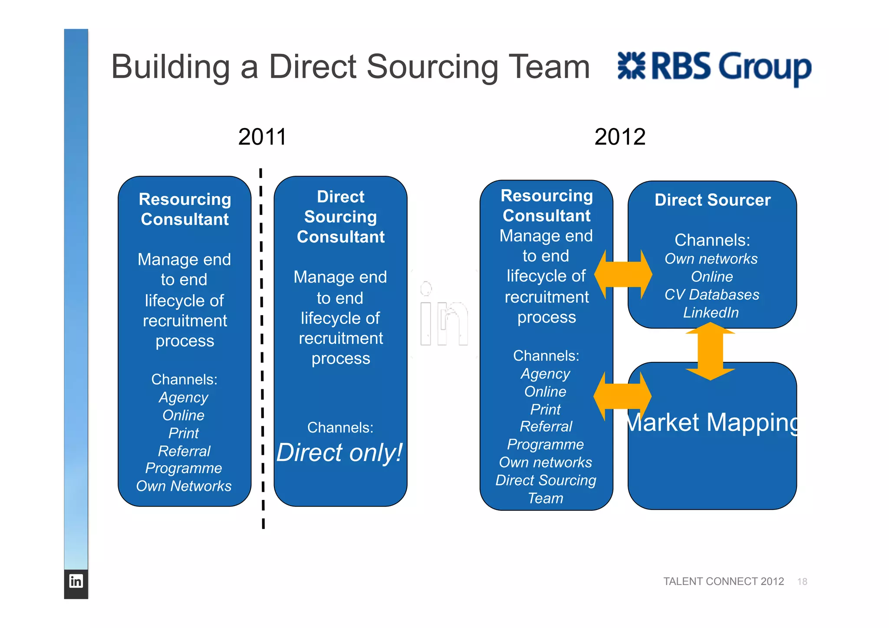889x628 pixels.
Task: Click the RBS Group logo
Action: coord(714,67)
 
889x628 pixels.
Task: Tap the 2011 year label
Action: coord(262,137)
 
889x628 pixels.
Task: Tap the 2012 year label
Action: coord(619,137)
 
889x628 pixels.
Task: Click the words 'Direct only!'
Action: coord(339,453)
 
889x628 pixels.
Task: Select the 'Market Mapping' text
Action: coord(712,422)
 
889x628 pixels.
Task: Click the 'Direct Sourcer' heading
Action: coord(712,200)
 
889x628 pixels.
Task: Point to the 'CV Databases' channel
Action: coord(712,295)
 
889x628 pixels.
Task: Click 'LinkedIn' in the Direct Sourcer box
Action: coord(711,312)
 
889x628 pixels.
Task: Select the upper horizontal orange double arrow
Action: coord(623,275)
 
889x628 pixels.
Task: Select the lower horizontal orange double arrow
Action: coord(622,396)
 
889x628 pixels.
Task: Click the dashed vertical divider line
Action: coord(262,347)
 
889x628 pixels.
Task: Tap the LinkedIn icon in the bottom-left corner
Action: coord(76,581)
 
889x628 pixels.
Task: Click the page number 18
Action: coord(802,582)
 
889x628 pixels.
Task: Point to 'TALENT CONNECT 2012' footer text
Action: coord(723,582)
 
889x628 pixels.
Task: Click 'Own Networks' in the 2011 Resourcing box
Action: coord(184,486)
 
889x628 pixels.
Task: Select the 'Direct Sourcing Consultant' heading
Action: coord(341,217)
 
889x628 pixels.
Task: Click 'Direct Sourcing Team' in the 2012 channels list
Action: coord(546,489)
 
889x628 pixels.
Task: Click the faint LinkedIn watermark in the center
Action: coord(444,317)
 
